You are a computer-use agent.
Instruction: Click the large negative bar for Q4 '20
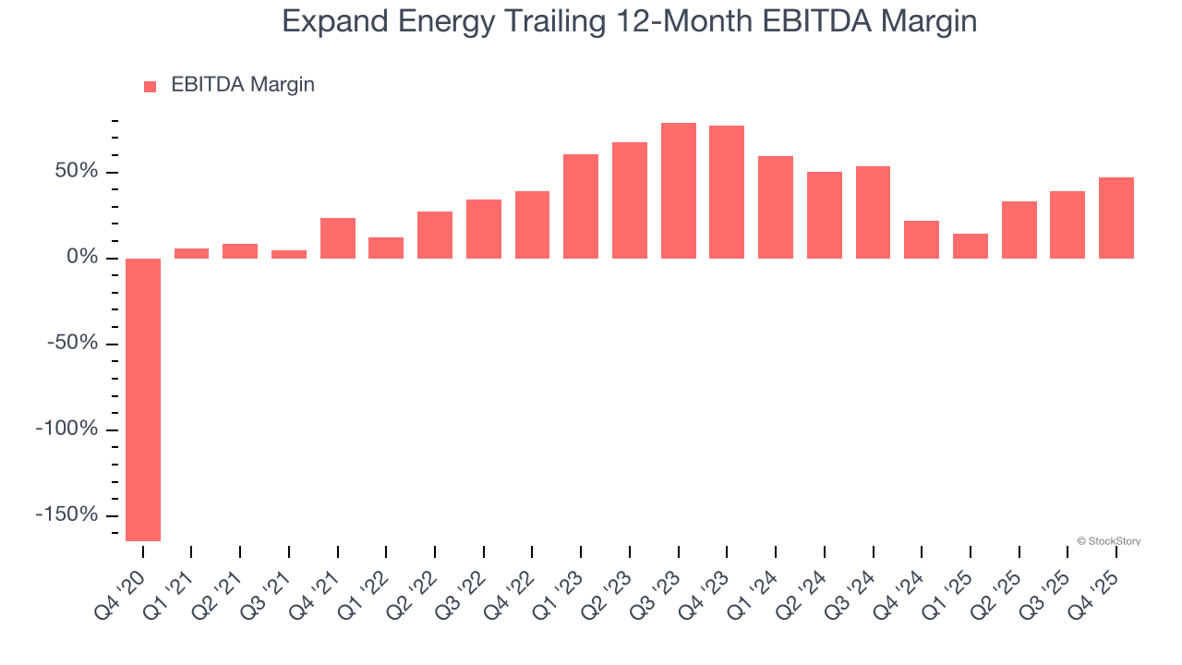tap(143, 399)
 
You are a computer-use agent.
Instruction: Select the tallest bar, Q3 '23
tap(678, 190)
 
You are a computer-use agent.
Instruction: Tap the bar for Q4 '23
tap(727, 192)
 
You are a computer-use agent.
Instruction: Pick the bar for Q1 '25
tap(971, 246)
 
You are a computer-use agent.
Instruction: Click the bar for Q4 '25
tap(1116, 218)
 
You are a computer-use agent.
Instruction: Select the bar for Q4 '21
tap(338, 238)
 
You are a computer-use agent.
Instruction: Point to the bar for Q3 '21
tap(289, 254)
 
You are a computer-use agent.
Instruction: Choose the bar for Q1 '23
tap(581, 206)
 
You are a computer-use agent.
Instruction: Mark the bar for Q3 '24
tap(873, 212)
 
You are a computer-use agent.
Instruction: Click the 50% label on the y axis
tap(75, 172)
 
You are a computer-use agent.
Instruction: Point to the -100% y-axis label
tap(66, 429)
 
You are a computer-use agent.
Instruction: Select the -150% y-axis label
tap(66, 514)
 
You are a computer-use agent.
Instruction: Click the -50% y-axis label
tap(71, 344)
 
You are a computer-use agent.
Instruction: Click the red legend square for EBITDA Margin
tap(151, 86)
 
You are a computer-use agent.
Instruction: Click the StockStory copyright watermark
tap(1108, 541)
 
